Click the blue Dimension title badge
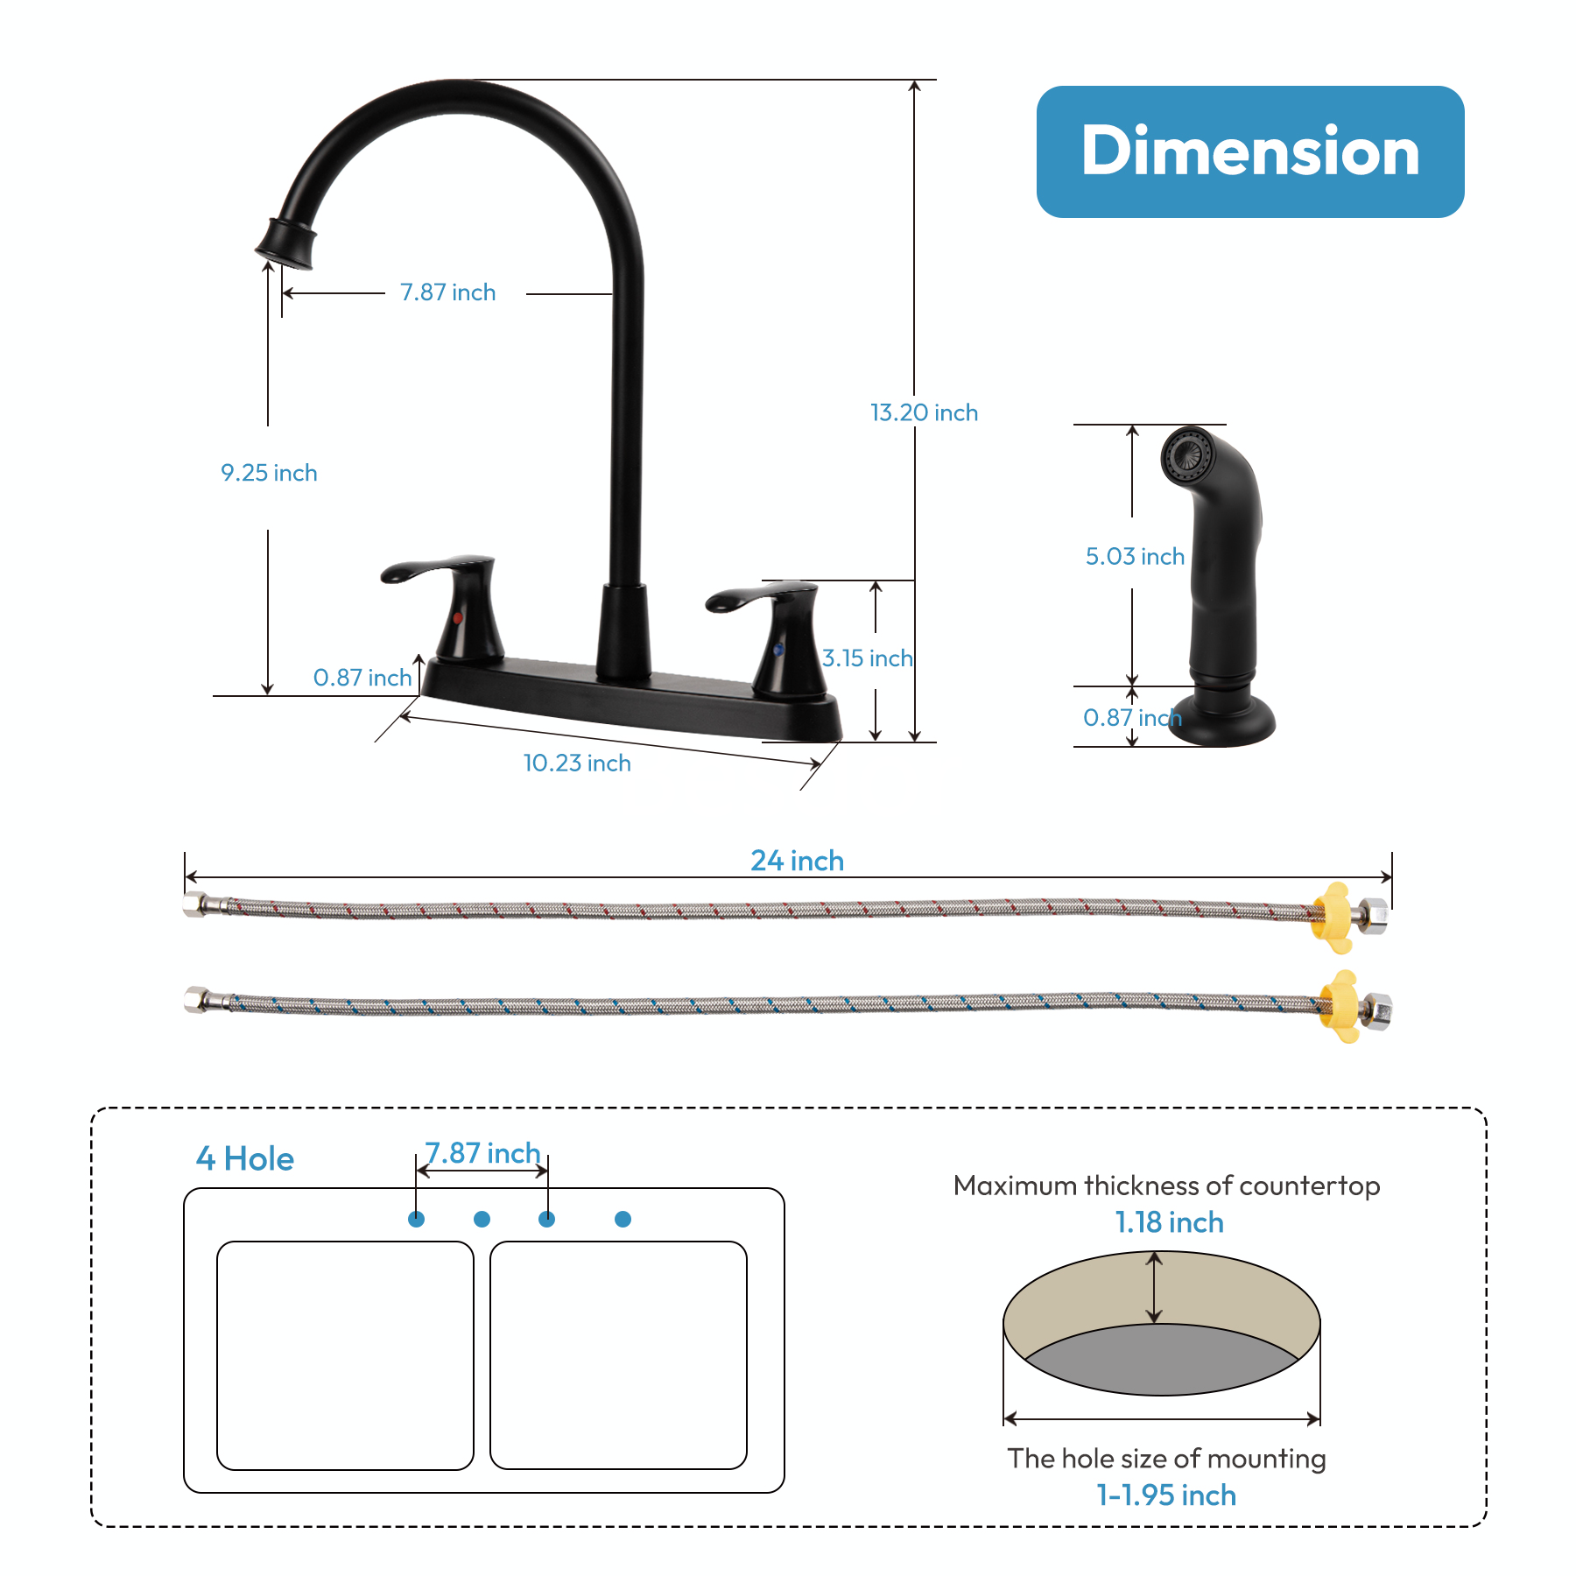[1249, 151]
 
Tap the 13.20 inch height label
[924, 412]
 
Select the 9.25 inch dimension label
[269, 473]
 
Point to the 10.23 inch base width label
[577, 763]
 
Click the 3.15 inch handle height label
[867, 658]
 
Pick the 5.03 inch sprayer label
[1135, 556]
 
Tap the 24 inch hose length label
[797, 861]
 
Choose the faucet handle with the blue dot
[775, 630]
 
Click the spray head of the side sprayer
[1191, 455]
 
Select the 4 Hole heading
[245, 1158]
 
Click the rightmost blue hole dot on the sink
[623, 1219]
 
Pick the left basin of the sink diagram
[345, 1354]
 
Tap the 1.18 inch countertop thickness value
[1169, 1222]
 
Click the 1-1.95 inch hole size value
[1166, 1495]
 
